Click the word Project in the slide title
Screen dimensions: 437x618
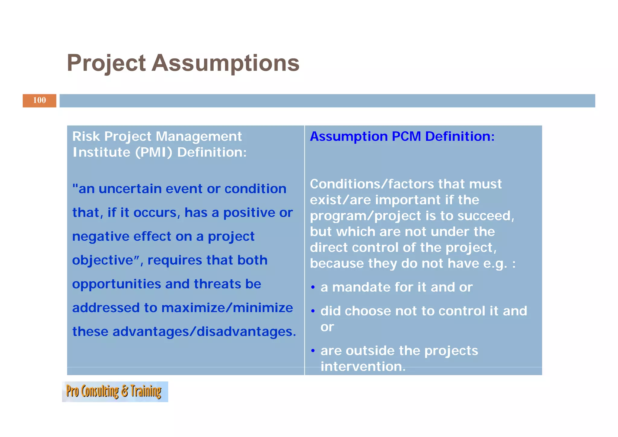(106, 63)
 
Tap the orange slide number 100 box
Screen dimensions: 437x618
(39, 101)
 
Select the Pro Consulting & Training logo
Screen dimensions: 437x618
(115, 392)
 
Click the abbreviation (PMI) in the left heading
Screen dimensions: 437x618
(154, 152)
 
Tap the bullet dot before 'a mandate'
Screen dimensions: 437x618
(313, 288)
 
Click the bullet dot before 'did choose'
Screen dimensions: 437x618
(313, 311)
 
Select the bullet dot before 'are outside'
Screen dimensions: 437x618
(313, 351)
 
